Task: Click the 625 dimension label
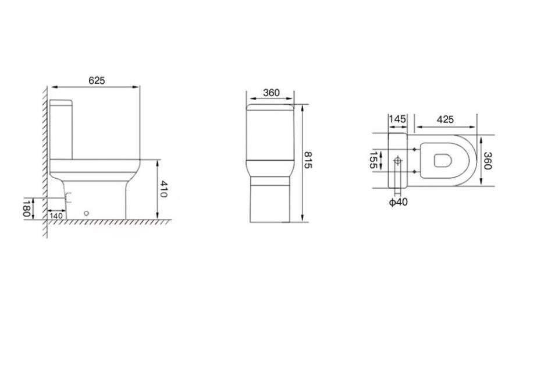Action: [x=97, y=81]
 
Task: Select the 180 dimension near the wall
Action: [x=27, y=208]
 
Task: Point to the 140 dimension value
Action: [x=56, y=215]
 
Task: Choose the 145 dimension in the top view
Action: [x=397, y=119]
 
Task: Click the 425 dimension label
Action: [x=444, y=119]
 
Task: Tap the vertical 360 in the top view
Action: [x=488, y=160]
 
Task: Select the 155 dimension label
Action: [x=373, y=160]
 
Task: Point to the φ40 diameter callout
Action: [x=398, y=201]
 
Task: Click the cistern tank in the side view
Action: [x=61, y=129]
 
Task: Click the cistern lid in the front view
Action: [x=271, y=108]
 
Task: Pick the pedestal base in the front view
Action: [x=271, y=201]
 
